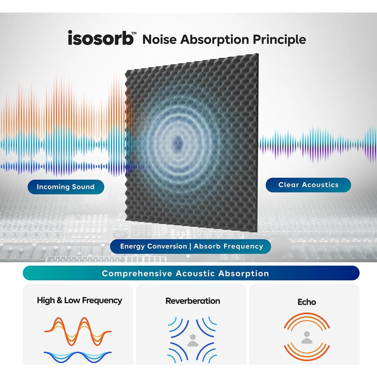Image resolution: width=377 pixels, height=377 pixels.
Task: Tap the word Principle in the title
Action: point(279,40)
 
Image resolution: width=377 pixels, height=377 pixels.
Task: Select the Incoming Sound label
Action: point(66,187)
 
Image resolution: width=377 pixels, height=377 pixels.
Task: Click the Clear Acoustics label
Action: point(308,185)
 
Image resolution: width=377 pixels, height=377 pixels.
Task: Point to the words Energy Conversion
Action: point(154,246)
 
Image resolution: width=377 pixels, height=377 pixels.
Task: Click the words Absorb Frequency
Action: point(228,246)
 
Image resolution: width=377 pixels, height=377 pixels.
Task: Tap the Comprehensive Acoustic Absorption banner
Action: point(191,273)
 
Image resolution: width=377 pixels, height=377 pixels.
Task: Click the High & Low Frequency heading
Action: point(79,301)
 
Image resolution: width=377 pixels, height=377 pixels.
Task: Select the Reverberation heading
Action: point(193,301)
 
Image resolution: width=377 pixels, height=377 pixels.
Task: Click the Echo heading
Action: point(307,302)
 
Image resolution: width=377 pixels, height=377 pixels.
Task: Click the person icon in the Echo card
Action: point(307,337)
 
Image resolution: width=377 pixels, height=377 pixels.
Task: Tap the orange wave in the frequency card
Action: point(78,331)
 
